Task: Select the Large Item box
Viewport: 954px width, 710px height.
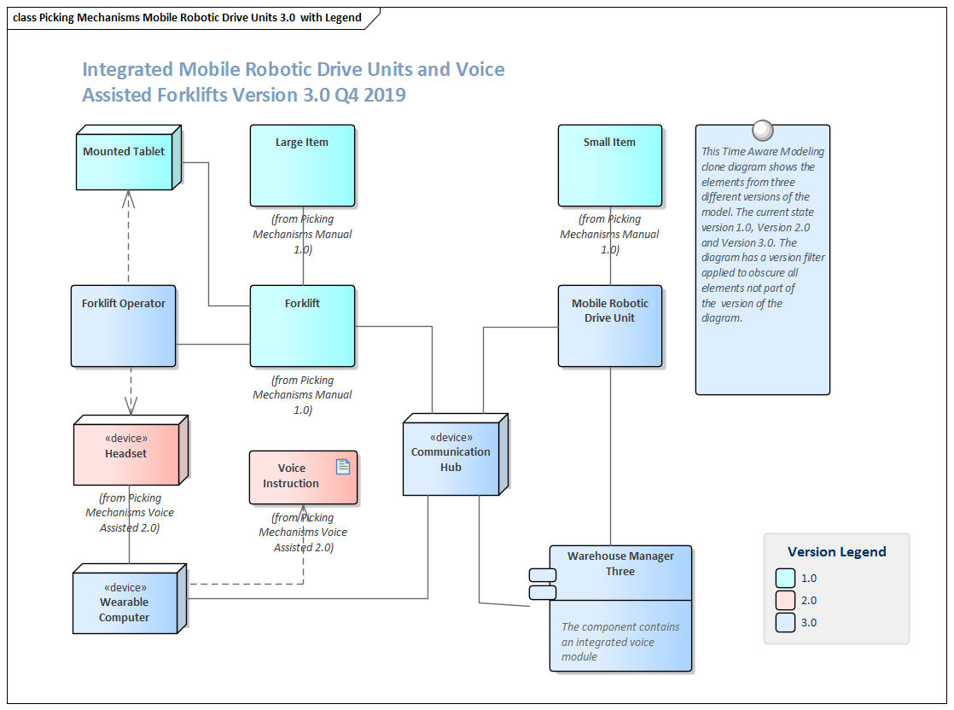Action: click(302, 166)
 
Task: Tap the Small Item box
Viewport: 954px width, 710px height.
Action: click(609, 166)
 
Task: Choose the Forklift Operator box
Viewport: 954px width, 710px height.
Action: click(124, 326)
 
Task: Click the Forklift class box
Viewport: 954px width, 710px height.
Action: click(302, 326)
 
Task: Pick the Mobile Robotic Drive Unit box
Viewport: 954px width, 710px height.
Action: click(609, 326)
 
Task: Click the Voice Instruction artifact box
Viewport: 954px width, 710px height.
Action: click(302, 477)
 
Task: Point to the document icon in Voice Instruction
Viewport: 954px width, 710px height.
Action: click(343, 466)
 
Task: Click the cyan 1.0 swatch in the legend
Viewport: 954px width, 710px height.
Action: click(786, 579)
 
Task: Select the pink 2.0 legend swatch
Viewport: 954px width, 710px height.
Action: click(786, 601)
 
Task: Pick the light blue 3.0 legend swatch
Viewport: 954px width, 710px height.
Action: click(786, 623)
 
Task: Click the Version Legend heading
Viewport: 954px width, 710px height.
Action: click(836, 552)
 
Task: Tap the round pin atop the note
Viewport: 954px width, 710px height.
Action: click(762, 131)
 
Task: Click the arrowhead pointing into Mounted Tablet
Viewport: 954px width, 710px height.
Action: click(129, 198)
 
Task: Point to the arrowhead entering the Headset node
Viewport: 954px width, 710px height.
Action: click(131, 405)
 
